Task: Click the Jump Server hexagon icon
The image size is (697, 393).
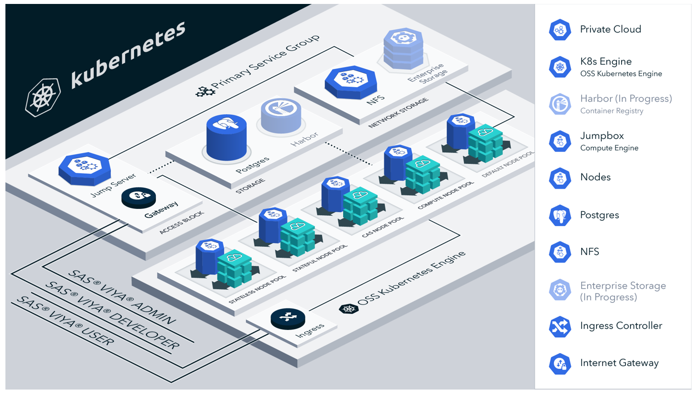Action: [x=84, y=168]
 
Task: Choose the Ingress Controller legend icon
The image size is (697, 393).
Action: [x=560, y=327]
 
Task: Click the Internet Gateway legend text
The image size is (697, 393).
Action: [x=619, y=363]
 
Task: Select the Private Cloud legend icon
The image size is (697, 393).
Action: [x=560, y=30]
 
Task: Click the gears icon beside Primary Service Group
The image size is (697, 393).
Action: [x=206, y=91]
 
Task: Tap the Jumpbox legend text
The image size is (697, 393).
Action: [x=602, y=135]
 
